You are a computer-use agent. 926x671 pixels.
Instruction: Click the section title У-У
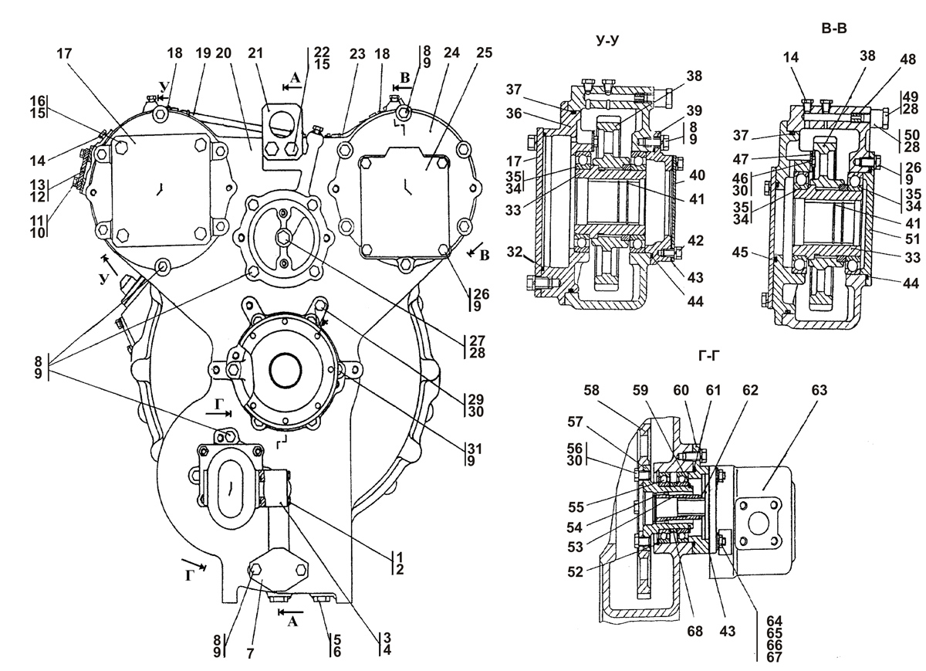pos(607,39)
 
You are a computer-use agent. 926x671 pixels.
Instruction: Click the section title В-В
pos(834,28)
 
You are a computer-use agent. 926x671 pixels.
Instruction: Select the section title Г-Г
pos(709,355)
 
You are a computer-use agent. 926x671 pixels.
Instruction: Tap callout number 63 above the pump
pos(819,390)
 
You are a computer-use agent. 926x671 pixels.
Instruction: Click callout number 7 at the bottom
pos(250,653)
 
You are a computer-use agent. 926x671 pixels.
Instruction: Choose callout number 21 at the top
pos(255,53)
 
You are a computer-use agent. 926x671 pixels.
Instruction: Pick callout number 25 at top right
pos(484,53)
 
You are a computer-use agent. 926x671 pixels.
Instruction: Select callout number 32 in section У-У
pos(515,252)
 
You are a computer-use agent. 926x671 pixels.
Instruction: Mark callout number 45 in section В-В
pos(739,252)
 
